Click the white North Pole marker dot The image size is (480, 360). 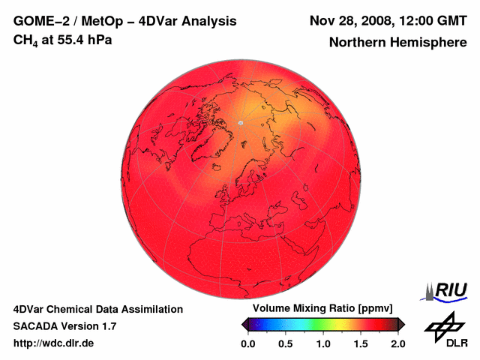[x=241, y=121]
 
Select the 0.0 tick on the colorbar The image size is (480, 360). [x=248, y=343]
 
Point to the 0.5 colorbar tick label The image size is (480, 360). [x=286, y=343]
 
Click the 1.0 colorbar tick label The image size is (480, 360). [x=323, y=343]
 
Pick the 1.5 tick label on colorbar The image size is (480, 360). [x=361, y=343]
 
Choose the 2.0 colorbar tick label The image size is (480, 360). [x=397, y=343]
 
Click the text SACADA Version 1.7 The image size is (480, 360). [x=64, y=326]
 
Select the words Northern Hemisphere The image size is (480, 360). [x=397, y=42]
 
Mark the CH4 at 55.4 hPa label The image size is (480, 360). [x=63, y=40]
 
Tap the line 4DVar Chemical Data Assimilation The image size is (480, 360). [x=97, y=309]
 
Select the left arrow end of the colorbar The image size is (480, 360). [x=245, y=324]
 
